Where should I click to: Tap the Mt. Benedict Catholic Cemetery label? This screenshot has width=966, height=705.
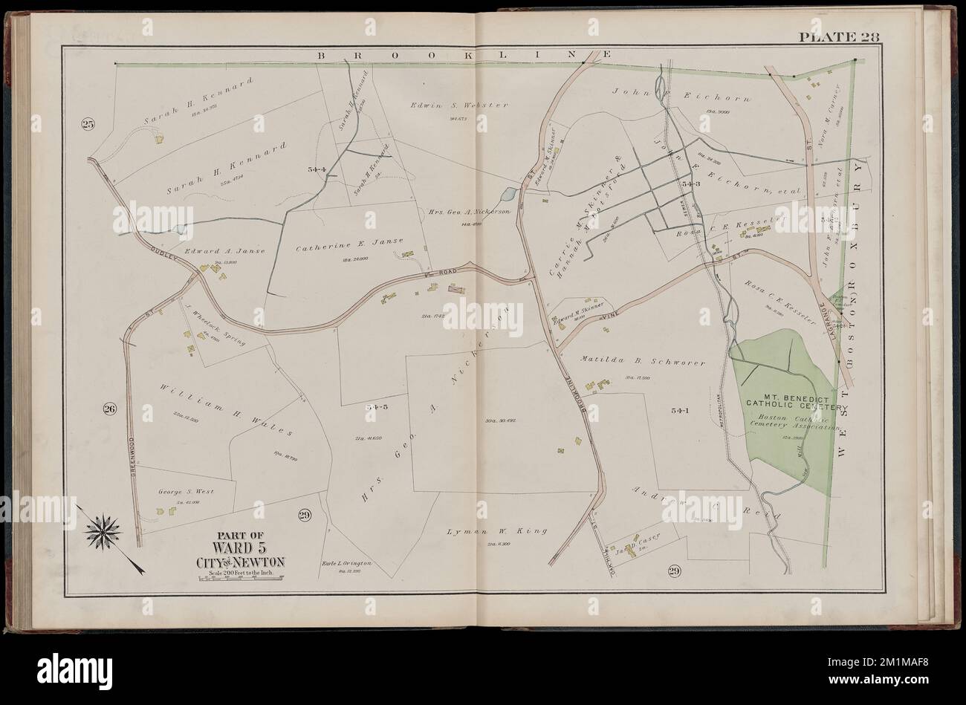point(794,402)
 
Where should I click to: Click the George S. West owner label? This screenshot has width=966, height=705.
point(180,492)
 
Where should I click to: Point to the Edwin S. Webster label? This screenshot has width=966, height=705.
point(458,105)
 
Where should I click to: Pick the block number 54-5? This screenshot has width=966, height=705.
point(377,407)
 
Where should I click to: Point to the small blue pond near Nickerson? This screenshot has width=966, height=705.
point(508,195)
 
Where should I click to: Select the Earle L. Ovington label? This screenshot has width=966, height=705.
point(351,564)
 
